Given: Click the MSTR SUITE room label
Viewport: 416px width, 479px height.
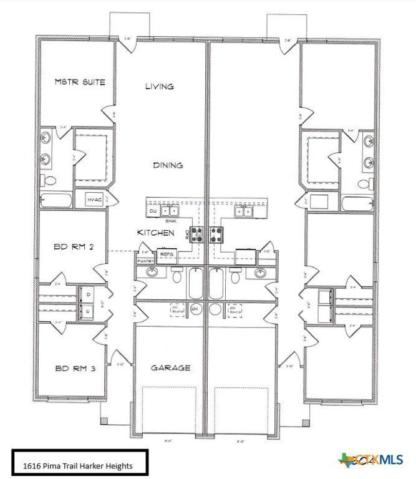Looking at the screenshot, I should click(80, 82).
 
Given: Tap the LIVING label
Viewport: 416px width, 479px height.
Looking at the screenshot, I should click(159, 87).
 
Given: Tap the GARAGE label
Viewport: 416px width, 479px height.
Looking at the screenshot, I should click(170, 368).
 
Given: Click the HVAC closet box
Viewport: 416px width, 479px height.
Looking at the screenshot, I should click(94, 200).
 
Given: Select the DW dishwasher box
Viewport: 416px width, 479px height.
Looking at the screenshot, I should click(153, 212).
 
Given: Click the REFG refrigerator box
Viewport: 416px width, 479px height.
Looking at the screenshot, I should click(167, 254).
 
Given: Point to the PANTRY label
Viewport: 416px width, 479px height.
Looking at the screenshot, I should click(145, 260).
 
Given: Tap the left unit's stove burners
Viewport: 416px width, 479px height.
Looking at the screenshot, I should click(198, 235).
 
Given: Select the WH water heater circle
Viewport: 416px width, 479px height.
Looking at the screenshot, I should click(193, 308).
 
